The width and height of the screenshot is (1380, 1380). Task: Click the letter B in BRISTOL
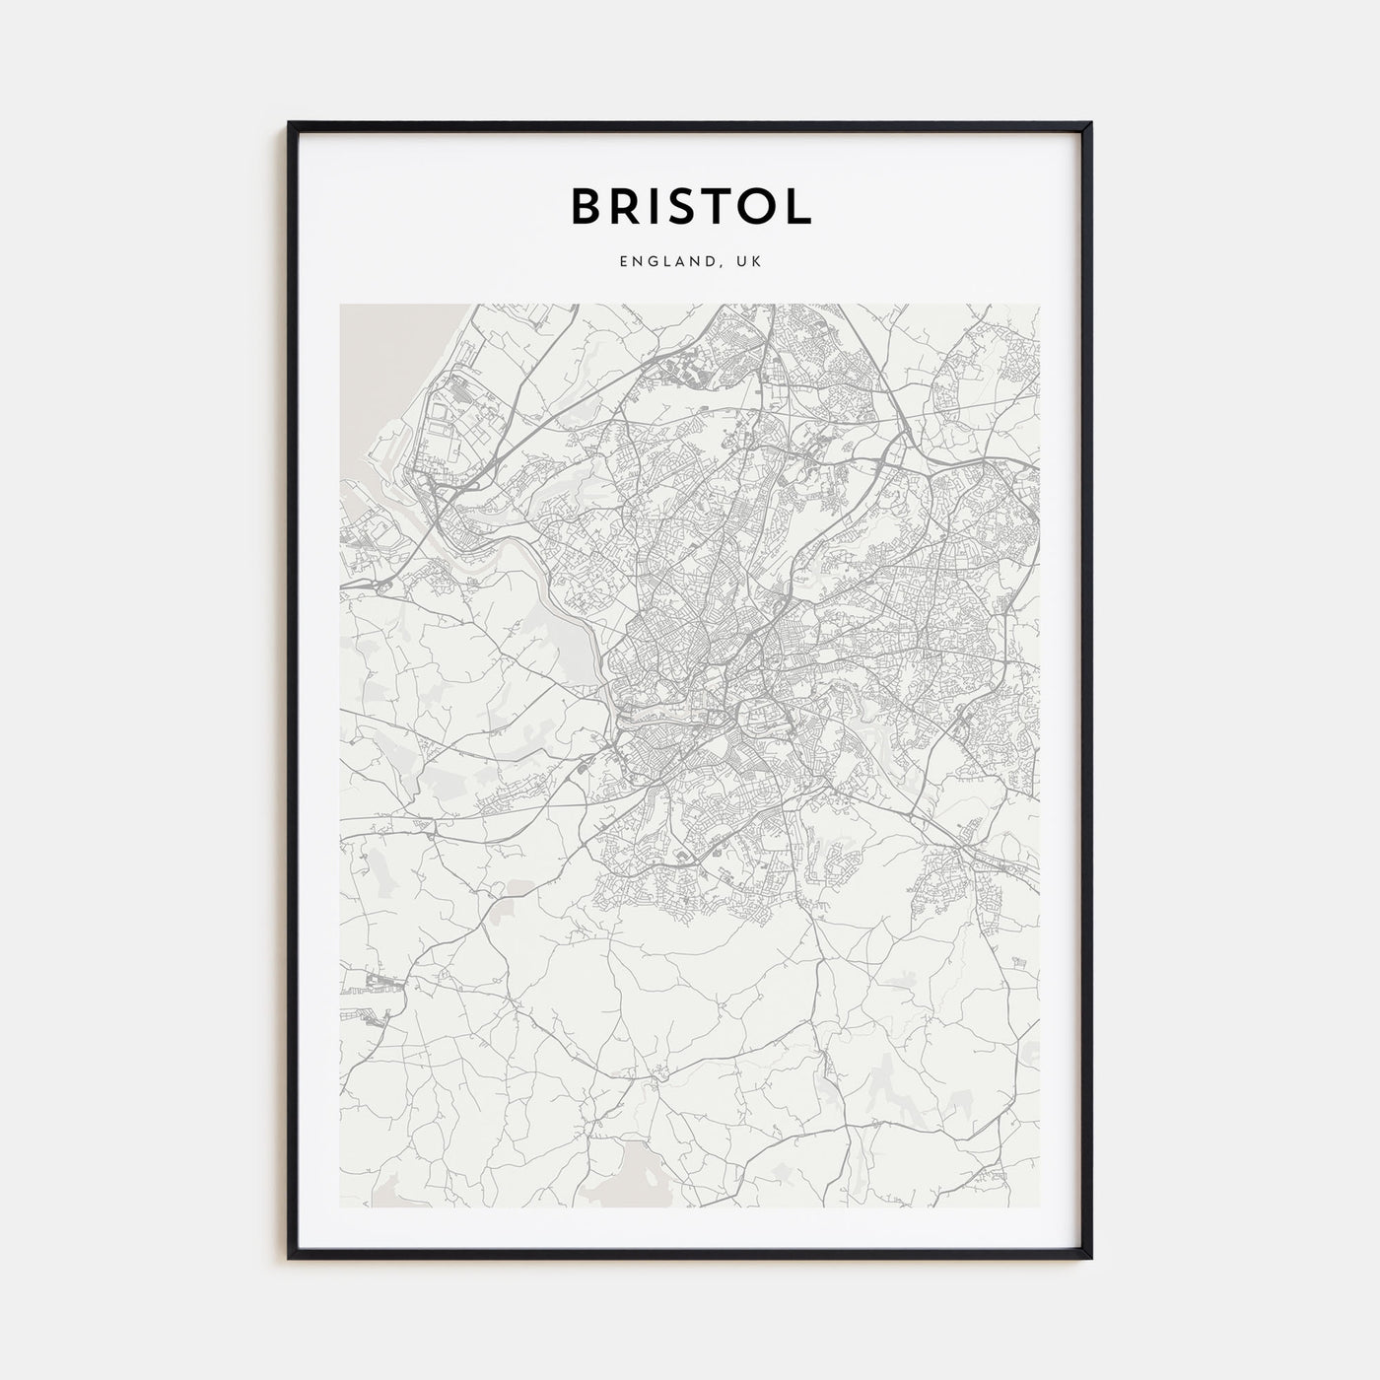click(x=587, y=205)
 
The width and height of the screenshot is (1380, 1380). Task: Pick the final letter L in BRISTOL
click(x=800, y=205)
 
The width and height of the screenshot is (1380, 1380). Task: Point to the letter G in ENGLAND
click(x=649, y=262)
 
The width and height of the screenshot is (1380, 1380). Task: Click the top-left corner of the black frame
click(x=290, y=123)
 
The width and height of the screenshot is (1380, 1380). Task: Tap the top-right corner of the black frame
click(x=1090, y=123)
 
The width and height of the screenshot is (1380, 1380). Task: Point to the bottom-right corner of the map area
click(x=1039, y=1206)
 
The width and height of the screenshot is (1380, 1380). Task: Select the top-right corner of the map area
click(x=1039, y=305)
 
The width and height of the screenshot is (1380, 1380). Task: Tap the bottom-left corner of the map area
click(x=341, y=1206)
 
